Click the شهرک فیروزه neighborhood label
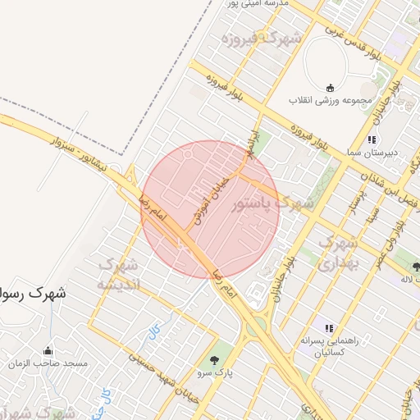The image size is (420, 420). click(x=267, y=39)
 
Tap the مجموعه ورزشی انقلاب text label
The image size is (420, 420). click(x=329, y=100)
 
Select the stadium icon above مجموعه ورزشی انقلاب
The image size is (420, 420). click(x=330, y=87)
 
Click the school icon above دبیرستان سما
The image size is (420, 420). click(x=372, y=139)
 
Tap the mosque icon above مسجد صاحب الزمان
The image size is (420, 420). click(x=48, y=349)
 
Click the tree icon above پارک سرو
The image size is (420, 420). click(x=215, y=360)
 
